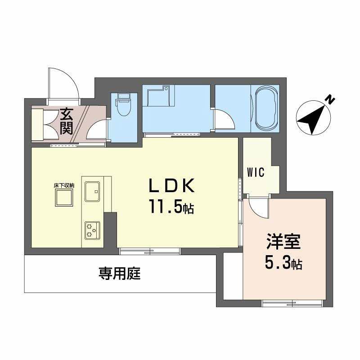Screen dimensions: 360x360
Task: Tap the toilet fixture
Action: [122, 106]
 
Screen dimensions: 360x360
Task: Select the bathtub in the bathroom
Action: [267, 107]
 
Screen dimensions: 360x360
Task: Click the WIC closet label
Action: [255, 172]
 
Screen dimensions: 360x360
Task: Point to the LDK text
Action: [171, 186]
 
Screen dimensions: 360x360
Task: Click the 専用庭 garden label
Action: [120, 274]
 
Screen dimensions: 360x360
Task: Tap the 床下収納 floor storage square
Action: [64, 197]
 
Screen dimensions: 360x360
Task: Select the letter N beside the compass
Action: [331, 99]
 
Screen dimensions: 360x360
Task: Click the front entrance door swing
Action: [67, 83]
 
